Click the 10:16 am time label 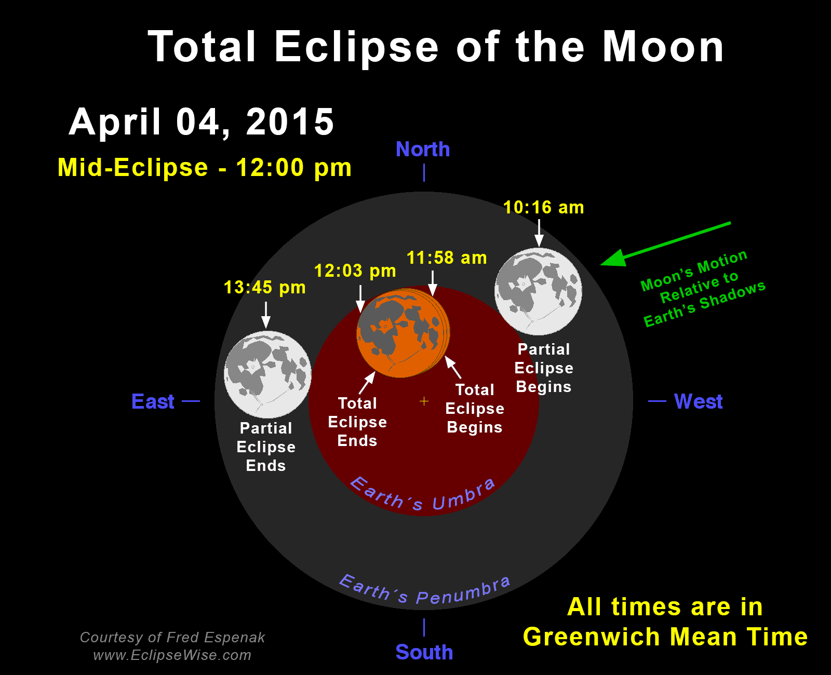pyautogui.click(x=543, y=208)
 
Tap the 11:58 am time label pyautogui.click(x=447, y=258)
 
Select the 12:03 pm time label pyautogui.click(x=355, y=271)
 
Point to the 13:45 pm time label pyautogui.click(x=264, y=287)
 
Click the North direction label pyautogui.click(x=423, y=149)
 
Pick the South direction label pyautogui.click(x=424, y=652)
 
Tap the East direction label pyautogui.click(x=153, y=401)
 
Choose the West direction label pyautogui.click(x=699, y=401)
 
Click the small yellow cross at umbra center pyautogui.click(x=424, y=401)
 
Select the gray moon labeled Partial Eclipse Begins pyautogui.click(x=539, y=291)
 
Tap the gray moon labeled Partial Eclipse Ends pyautogui.click(x=267, y=374)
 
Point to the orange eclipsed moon pyautogui.click(x=403, y=333)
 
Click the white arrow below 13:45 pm pyautogui.click(x=266, y=315)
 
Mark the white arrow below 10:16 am pyautogui.click(x=539, y=233)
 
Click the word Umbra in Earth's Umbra pyautogui.click(x=463, y=495)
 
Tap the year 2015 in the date pyautogui.click(x=290, y=122)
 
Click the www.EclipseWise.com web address pyautogui.click(x=172, y=655)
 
